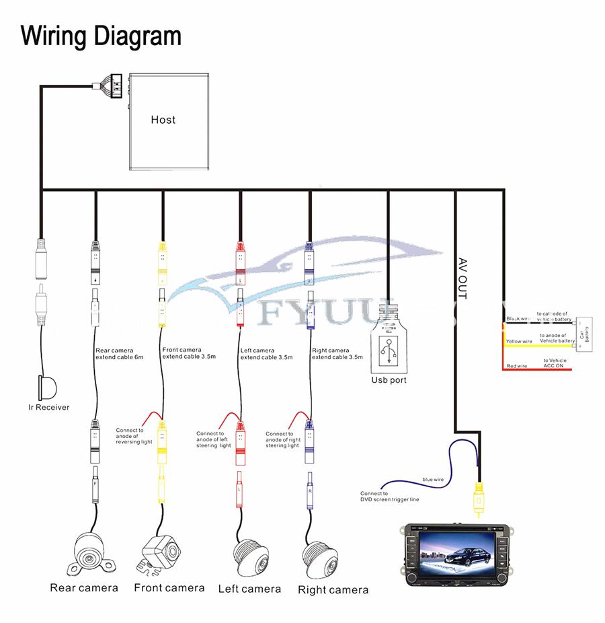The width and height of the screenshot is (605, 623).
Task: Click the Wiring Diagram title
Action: tap(101, 35)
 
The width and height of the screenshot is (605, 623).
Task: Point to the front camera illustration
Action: tap(161, 553)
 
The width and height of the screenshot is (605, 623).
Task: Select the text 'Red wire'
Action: tap(516, 365)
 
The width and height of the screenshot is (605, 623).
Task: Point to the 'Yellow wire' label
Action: tap(519, 341)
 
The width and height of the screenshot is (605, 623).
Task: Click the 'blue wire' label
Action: tap(432, 479)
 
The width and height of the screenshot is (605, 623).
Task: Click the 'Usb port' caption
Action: tap(389, 380)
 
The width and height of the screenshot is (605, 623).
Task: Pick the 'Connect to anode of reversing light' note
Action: tap(134, 436)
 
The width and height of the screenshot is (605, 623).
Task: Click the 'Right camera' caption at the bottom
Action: tap(333, 590)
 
